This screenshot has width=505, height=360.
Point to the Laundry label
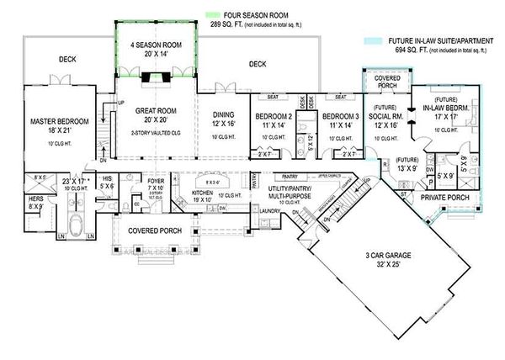(x=268, y=211)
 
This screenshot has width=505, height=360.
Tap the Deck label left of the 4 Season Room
(x=68, y=60)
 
